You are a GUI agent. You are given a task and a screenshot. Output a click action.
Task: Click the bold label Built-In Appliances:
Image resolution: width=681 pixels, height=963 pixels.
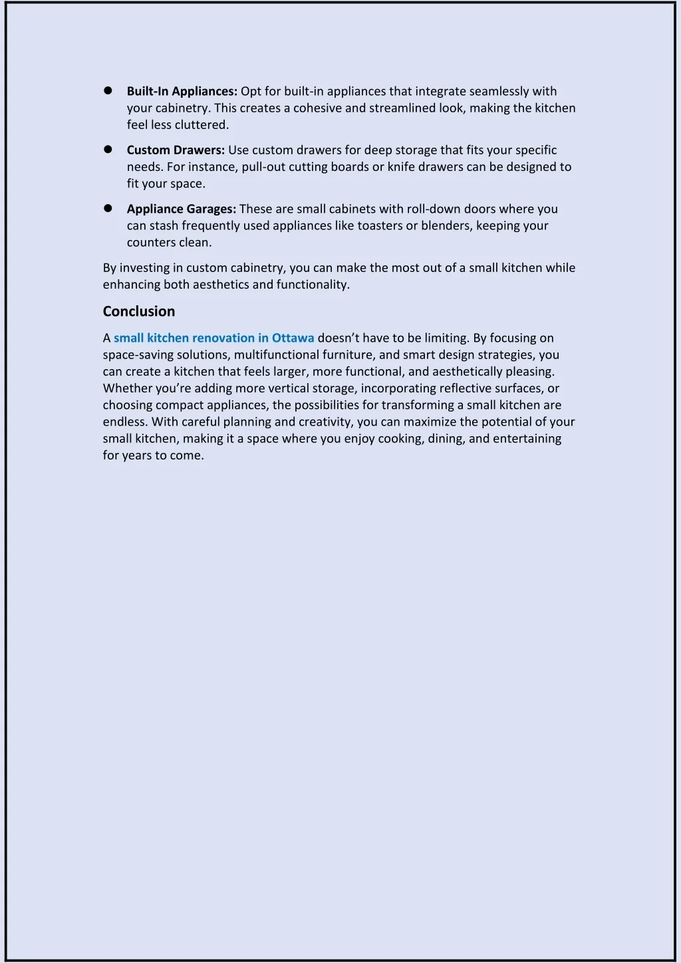182,91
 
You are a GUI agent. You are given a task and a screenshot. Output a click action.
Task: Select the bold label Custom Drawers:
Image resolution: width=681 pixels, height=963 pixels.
176,150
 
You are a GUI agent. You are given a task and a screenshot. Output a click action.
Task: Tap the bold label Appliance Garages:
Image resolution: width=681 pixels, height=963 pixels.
182,209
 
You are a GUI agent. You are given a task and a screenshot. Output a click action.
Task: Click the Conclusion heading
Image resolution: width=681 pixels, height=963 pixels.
139,311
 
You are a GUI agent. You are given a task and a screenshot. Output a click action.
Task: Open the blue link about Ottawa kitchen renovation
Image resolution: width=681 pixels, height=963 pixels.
213,338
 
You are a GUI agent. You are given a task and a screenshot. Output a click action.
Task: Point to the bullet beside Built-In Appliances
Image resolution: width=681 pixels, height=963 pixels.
107,90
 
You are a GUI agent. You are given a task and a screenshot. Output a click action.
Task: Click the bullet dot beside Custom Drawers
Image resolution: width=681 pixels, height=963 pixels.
107,150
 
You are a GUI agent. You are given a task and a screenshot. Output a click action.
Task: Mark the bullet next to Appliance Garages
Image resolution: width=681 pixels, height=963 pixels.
107,208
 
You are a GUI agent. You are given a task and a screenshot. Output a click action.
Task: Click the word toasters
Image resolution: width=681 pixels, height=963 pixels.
380,225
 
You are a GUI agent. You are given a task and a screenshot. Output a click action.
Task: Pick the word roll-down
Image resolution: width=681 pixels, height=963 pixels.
434,209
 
